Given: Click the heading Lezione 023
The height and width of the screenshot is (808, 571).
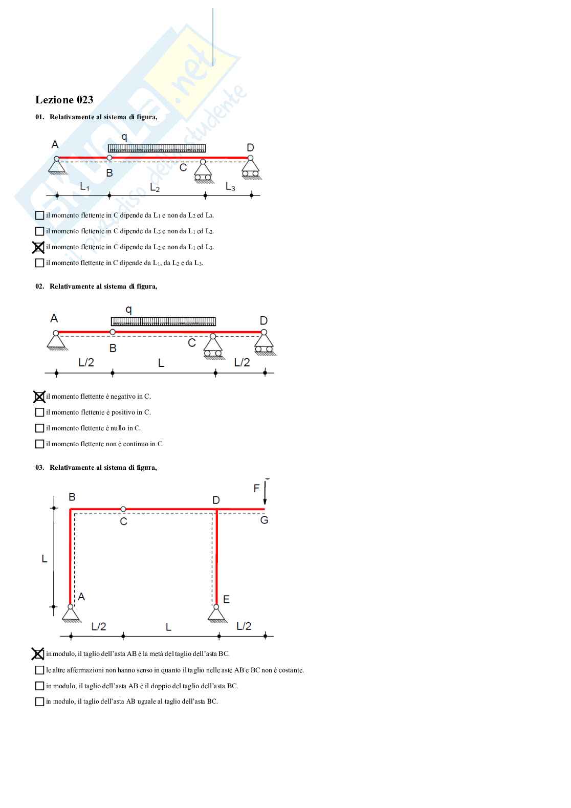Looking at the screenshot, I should [x=64, y=100].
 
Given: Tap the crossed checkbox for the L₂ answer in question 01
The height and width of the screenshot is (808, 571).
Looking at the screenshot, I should [x=39, y=247].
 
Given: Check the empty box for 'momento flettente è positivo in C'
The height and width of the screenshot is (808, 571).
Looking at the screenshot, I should [x=39, y=412].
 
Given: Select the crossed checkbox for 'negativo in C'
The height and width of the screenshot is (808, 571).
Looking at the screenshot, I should [x=39, y=397].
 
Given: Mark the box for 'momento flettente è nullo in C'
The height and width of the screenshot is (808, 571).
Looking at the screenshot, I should [x=39, y=428].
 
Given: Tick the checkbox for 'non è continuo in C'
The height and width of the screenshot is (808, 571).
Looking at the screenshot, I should [x=39, y=444].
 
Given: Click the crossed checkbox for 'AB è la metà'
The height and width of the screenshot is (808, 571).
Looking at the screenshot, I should [x=38, y=654].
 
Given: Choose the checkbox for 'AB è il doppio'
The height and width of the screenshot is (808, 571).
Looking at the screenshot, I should [x=39, y=686].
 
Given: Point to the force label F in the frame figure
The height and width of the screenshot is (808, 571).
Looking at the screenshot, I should [x=256, y=489].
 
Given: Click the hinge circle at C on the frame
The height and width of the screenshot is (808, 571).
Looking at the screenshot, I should [x=123, y=509].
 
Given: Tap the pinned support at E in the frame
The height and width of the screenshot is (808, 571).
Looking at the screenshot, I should [x=217, y=614].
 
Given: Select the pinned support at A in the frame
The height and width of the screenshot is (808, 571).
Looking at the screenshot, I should [x=71, y=614].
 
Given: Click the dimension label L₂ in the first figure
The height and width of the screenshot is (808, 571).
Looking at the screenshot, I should [x=155, y=188].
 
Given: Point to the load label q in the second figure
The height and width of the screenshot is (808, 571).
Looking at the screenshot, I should [x=128, y=309].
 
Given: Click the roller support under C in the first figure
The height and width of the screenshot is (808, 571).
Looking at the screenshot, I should [x=203, y=171].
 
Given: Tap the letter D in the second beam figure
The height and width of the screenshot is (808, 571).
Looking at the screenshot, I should [x=263, y=321].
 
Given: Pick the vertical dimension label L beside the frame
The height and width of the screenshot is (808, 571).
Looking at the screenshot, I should [x=45, y=559].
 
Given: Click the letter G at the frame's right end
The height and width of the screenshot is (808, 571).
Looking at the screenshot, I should [x=264, y=520].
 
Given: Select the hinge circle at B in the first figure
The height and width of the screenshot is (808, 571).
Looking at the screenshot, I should [x=109, y=158].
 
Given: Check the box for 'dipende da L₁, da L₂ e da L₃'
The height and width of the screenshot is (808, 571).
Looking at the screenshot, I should [x=39, y=263].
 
